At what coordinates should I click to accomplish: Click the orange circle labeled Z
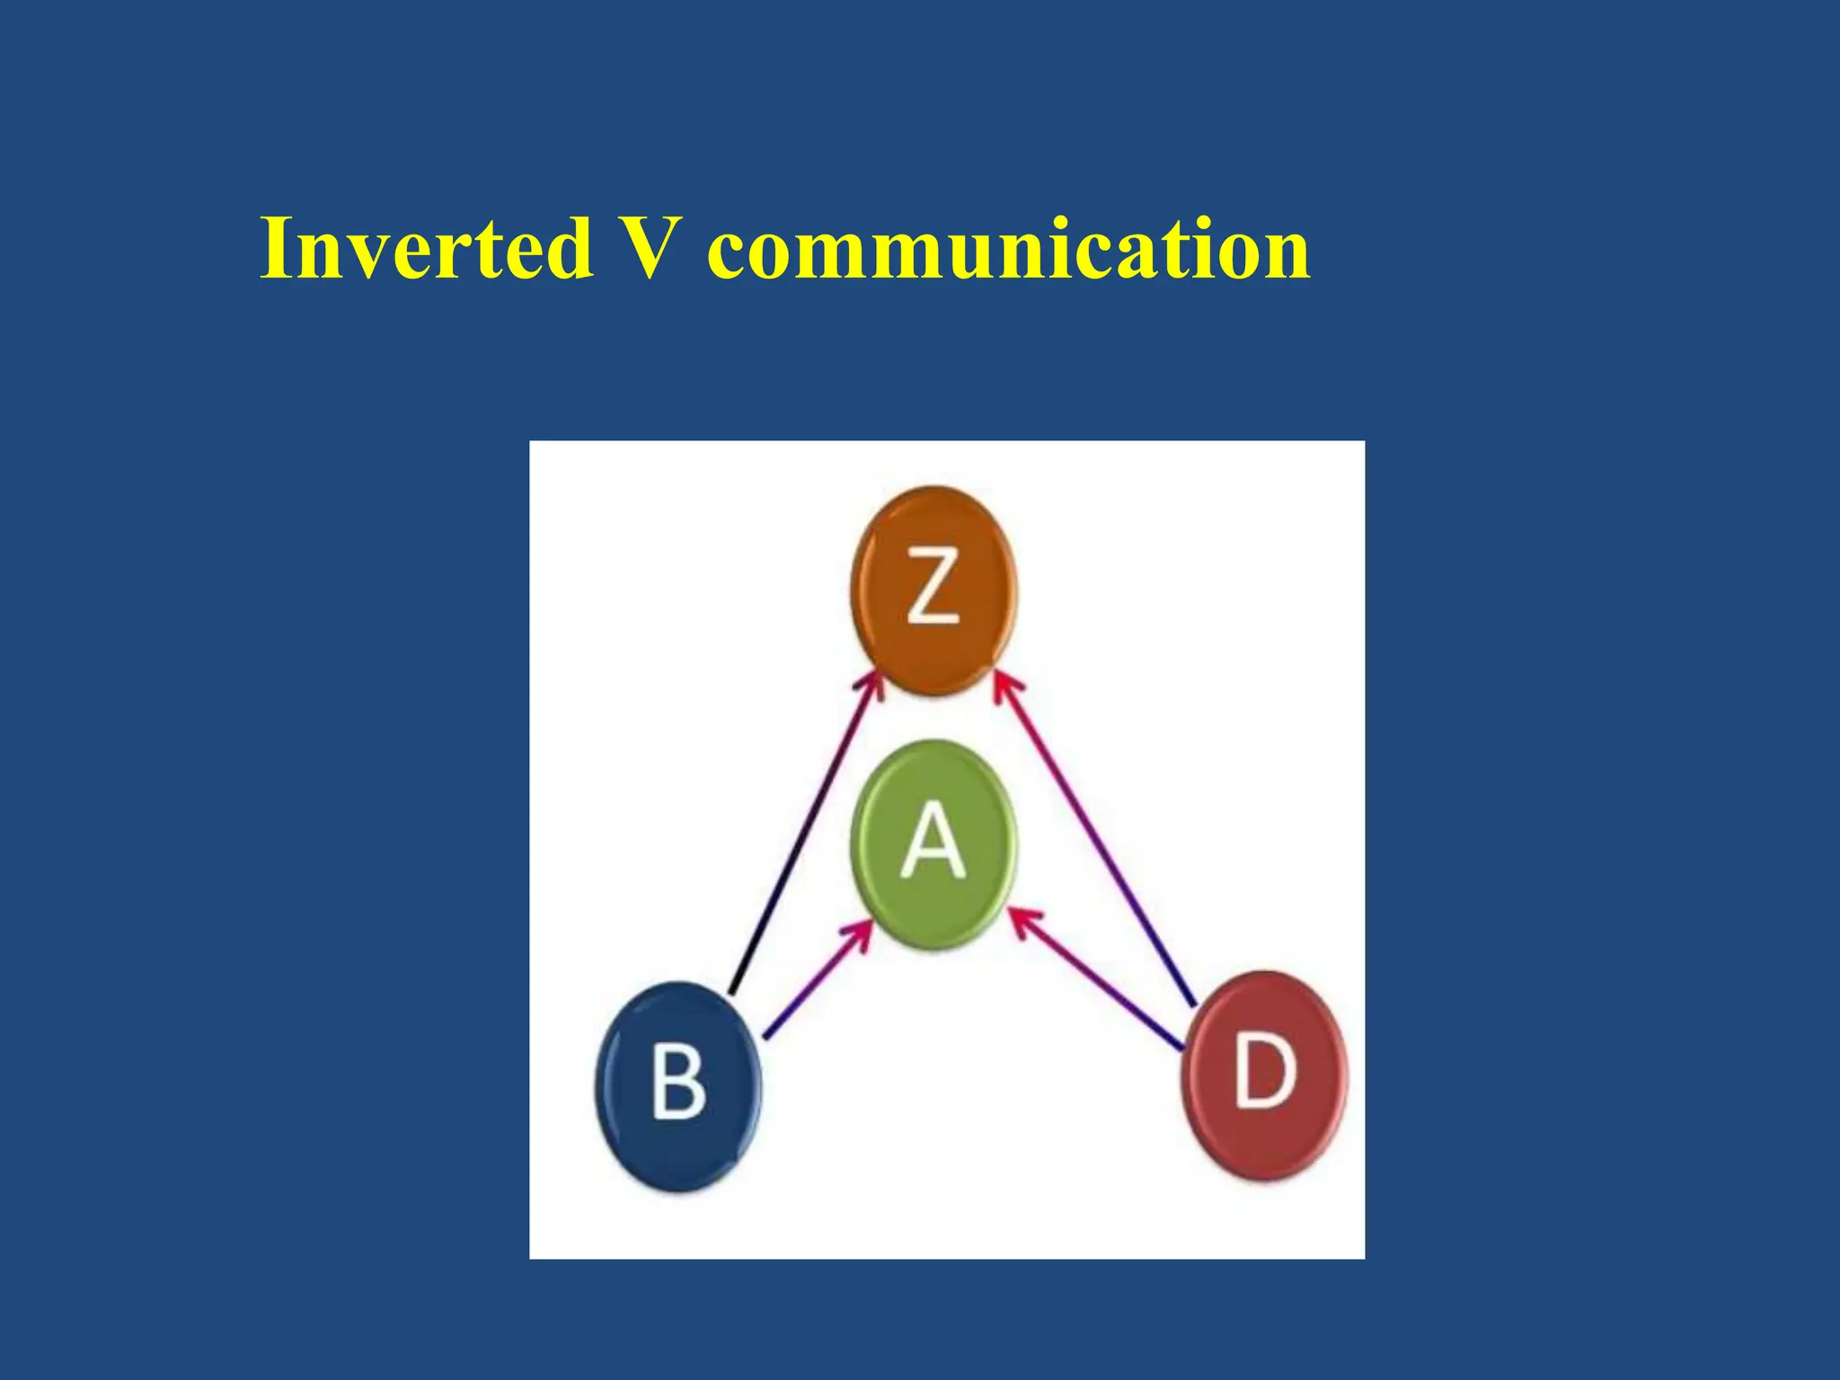coord(933,590)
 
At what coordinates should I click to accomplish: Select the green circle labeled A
coord(933,844)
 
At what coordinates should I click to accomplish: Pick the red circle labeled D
coord(1264,1075)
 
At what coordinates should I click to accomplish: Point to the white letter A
coord(933,841)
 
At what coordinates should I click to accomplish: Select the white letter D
coord(1265,1071)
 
